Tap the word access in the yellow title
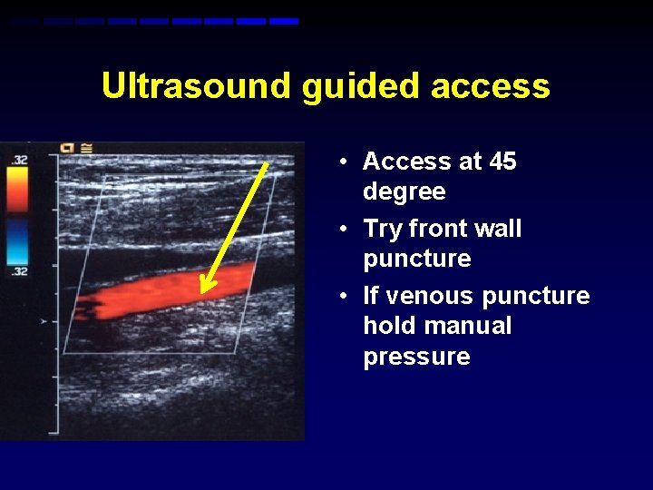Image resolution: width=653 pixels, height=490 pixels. click(491, 86)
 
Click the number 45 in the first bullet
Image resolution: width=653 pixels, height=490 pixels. click(502, 162)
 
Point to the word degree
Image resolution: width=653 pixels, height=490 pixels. click(404, 191)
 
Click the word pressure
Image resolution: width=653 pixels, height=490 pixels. click(416, 357)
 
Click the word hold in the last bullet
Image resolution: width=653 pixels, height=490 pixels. click(391, 326)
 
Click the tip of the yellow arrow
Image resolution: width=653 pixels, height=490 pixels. click(203, 292)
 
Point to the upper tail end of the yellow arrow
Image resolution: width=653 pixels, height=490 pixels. click(268, 164)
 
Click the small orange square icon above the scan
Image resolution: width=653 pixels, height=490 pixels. click(67, 147)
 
